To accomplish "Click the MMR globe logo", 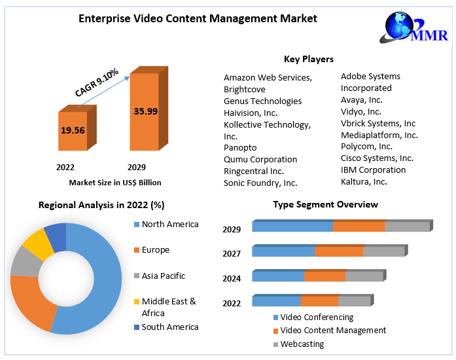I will click(400, 29).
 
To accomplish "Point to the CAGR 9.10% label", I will click(97, 83).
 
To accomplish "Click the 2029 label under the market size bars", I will click(137, 167).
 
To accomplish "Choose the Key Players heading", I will click(309, 60).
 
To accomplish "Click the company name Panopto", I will click(240, 147).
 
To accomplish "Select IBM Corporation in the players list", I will click(373, 170).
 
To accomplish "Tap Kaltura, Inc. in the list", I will click(364, 181).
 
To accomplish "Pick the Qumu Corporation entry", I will click(260, 159).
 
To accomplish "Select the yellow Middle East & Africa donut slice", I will click(38, 244).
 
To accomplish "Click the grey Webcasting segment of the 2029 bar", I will click(406, 226).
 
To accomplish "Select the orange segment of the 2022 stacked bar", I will click(319, 301).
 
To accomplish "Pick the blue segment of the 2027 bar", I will click(283, 251).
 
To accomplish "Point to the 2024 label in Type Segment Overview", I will click(232, 278).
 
